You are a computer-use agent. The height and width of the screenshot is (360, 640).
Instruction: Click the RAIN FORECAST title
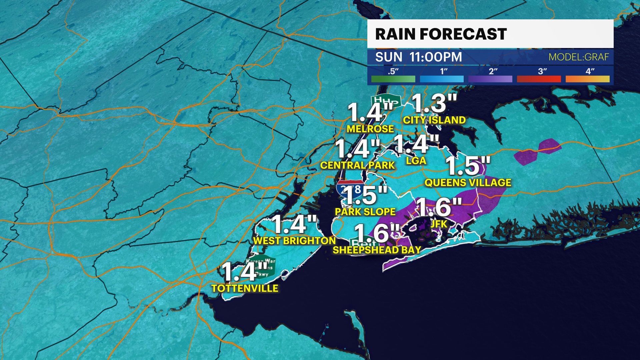coord(441,34)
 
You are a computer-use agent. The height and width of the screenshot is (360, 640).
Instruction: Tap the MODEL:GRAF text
coord(579,57)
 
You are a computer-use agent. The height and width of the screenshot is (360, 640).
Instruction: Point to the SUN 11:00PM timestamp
coord(419,57)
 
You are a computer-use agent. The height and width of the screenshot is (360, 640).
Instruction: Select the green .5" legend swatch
coord(393,79)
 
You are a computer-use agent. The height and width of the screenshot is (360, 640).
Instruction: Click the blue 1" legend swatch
coord(442,79)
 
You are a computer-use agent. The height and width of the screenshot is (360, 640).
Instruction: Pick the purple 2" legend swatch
coord(490,79)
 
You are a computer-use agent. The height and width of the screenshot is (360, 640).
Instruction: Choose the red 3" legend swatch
coord(539,79)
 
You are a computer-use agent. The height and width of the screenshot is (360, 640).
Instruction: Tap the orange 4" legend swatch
coord(587,79)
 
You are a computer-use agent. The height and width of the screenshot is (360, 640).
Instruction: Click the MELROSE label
coord(370,129)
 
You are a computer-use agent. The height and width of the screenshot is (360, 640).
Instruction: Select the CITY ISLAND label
coord(434,120)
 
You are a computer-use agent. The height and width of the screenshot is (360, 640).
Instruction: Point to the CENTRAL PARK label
coord(357,165)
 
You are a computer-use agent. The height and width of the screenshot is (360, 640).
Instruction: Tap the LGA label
coord(416,161)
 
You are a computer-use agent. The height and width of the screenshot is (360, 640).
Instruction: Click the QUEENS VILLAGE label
coord(468,183)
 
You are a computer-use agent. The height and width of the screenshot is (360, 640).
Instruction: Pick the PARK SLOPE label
coord(365,212)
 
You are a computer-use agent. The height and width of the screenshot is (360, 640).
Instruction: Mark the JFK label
coord(439,224)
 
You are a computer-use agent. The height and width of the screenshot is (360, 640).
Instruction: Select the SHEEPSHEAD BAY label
coord(377,250)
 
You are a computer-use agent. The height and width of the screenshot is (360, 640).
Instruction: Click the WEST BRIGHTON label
coord(294,241)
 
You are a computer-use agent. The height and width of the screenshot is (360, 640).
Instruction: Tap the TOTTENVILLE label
coord(245,288)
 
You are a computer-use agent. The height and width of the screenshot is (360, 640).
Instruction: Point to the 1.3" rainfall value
coord(434,103)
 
